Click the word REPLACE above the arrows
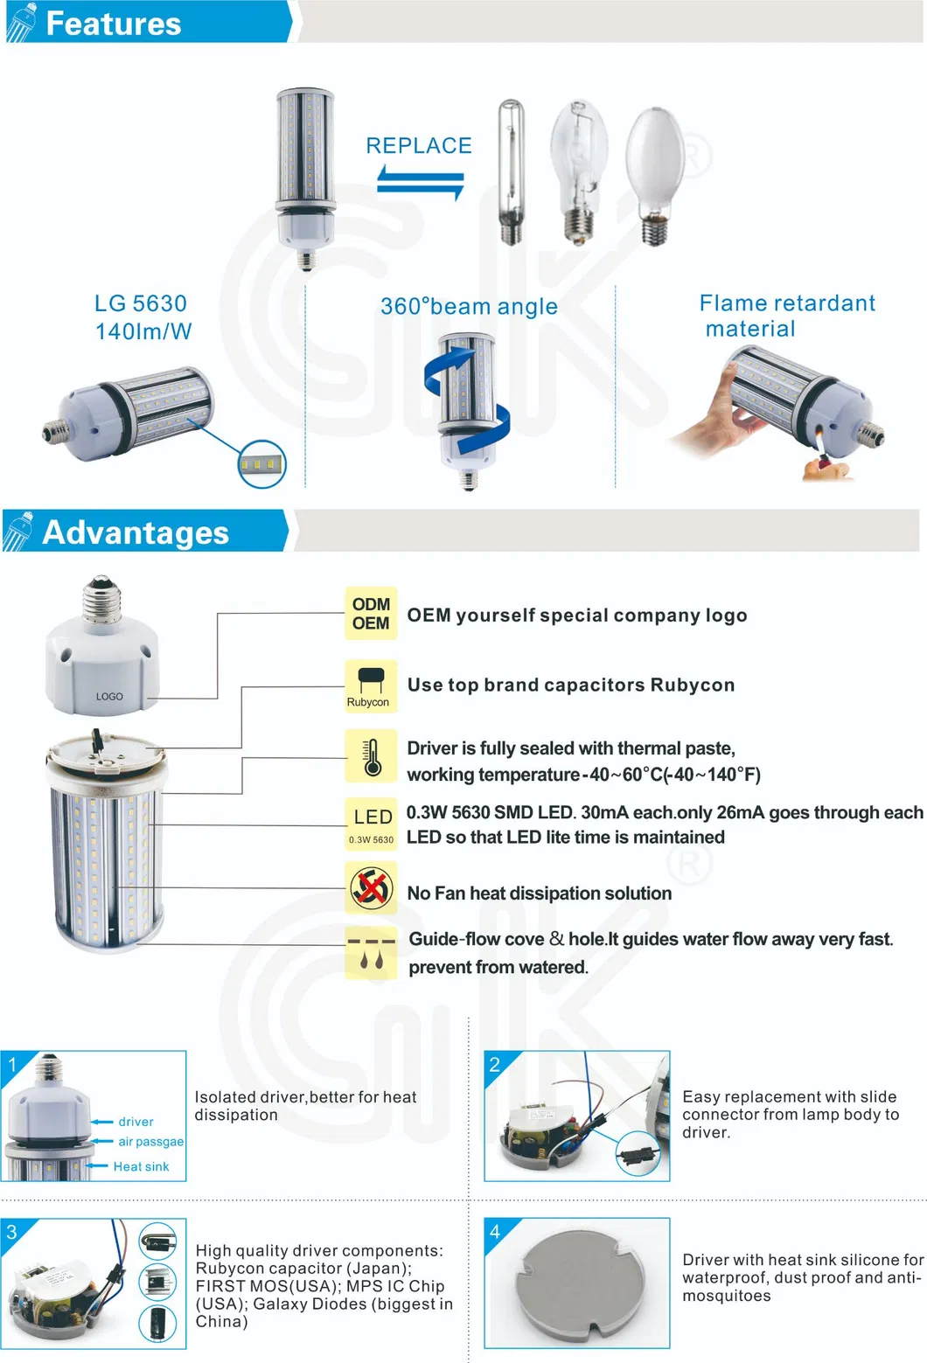coord(418,146)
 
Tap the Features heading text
coord(113,24)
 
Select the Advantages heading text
coord(136,532)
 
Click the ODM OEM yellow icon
coord(371,614)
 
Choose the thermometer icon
coord(372,756)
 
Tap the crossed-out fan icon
coord(372,888)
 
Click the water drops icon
coord(372,953)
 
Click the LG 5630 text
coord(141,303)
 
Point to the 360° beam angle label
coord(469,307)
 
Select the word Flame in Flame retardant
coord(732,303)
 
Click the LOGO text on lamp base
coord(109,697)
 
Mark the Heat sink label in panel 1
coord(141,1166)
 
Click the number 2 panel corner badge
coord(495,1064)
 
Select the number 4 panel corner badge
coord(495,1232)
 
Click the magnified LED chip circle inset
coord(262,463)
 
